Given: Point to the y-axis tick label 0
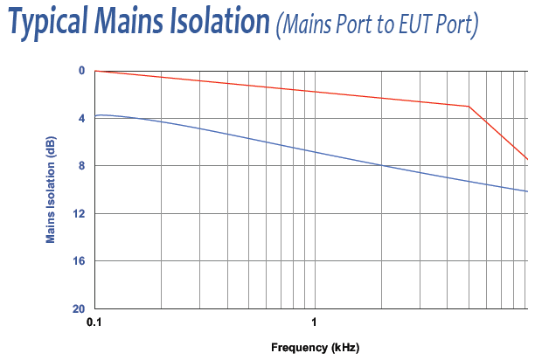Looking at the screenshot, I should [81, 71].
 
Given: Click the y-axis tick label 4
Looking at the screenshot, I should [81, 118].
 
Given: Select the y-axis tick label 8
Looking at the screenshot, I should [81, 166].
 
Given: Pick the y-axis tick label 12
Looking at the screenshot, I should [79, 213].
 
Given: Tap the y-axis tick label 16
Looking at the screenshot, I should [79, 261].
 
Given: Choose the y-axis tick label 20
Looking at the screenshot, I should [79, 308].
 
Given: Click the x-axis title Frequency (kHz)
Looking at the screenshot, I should [315, 347].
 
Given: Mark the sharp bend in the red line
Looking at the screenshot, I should [469, 107].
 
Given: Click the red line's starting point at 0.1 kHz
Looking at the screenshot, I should [95, 71].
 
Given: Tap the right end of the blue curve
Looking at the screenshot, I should [527, 191].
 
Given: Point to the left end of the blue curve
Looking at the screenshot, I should [95, 115].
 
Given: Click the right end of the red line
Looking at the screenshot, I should [527, 159].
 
